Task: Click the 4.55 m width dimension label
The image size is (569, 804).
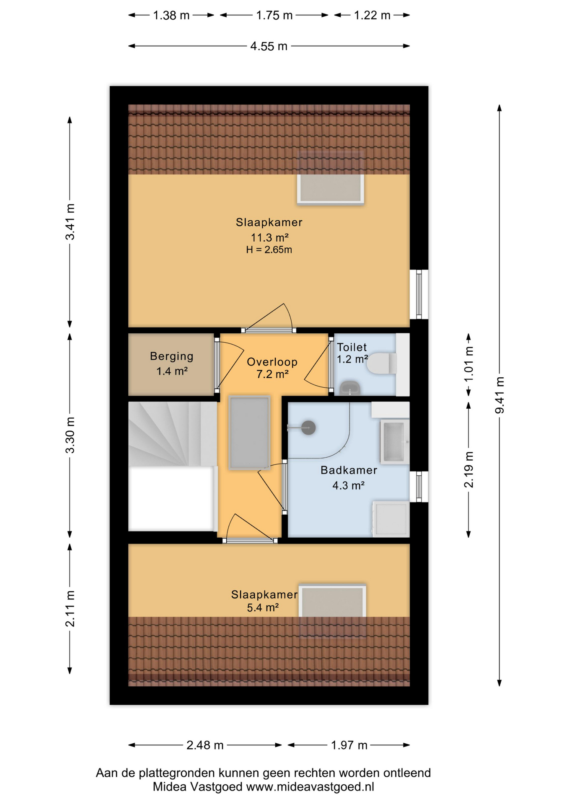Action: [x=269, y=46]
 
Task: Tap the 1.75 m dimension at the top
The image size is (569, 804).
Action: [x=274, y=15]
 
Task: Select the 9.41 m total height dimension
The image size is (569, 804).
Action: [x=499, y=395]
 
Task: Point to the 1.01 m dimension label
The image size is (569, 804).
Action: [x=469, y=364]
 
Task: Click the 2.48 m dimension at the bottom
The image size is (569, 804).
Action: [x=205, y=745]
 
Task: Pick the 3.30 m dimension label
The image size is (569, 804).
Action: [x=70, y=435]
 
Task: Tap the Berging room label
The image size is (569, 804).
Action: [x=172, y=356]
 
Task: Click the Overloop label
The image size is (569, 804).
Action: [x=272, y=362]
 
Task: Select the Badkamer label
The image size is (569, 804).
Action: [x=349, y=470]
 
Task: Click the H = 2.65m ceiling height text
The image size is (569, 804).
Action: [x=269, y=250]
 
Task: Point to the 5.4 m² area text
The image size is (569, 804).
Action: [x=263, y=608]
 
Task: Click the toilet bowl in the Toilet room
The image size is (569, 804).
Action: [x=382, y=363]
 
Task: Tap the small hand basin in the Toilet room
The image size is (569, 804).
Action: [x=349, y=388]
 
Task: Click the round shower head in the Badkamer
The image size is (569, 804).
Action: [x=308, y=428]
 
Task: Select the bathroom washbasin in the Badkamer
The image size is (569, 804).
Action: [x=394, y=442]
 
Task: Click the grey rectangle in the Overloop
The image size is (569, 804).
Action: [x=249, y=433]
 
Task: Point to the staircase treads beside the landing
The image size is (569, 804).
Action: [x=172, y=434]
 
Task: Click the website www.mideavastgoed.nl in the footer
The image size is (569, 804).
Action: [x=310, y=787]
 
